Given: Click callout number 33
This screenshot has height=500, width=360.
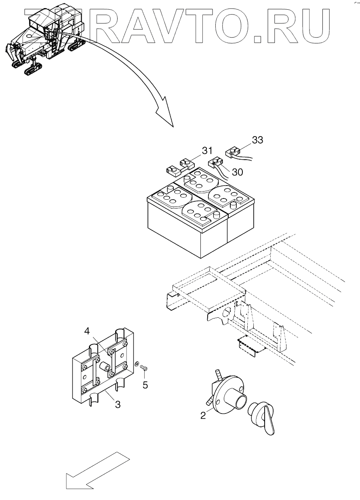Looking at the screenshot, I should click(257, 140).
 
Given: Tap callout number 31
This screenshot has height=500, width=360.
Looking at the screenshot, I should click(207, 151).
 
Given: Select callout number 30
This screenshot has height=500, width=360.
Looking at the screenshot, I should click(238, 172).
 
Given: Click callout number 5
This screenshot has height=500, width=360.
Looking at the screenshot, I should click(145, 385).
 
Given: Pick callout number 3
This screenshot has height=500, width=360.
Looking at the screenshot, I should click(118, 404).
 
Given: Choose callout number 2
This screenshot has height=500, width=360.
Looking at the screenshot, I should click(203, 415).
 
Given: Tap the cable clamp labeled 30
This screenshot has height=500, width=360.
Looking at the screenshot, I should click(214, 164).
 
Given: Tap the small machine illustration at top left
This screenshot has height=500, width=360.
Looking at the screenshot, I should click(44, 38).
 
